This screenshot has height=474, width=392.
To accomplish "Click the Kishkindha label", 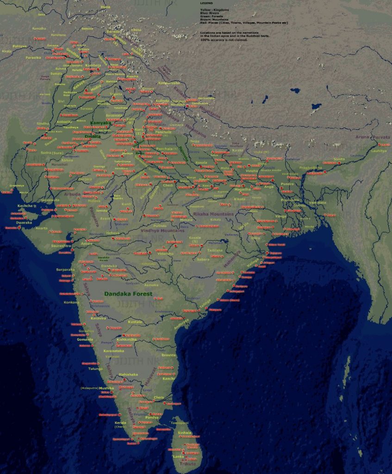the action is coord(126,339).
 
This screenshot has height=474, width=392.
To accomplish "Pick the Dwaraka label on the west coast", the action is coord(24,223).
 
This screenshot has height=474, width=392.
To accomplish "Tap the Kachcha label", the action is coord(25,205).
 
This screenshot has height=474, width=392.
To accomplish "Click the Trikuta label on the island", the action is coord(187,463).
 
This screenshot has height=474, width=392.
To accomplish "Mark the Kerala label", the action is coord(120,422).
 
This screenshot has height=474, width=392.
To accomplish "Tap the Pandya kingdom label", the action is coord(152,418).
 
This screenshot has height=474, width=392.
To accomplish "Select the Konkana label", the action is coord(71,302).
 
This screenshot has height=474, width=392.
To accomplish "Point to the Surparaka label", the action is coord(65,269).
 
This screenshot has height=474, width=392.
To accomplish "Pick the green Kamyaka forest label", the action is coord(100,123).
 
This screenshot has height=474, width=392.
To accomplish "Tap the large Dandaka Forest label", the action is coord(128,294).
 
